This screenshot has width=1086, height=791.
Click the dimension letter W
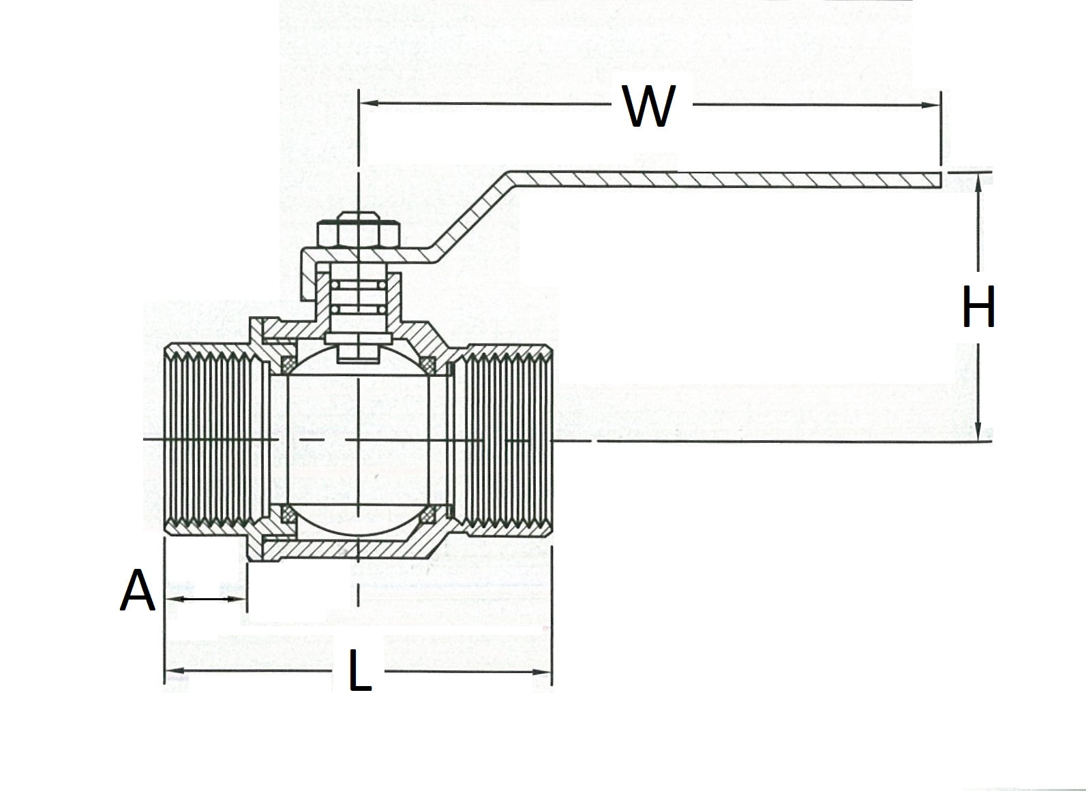[649, 108]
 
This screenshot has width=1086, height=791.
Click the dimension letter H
[978, 307]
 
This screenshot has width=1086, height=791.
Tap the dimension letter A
[138, 591]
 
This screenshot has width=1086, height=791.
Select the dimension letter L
[360, 670]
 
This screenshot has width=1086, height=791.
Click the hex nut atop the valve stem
[357, 232]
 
